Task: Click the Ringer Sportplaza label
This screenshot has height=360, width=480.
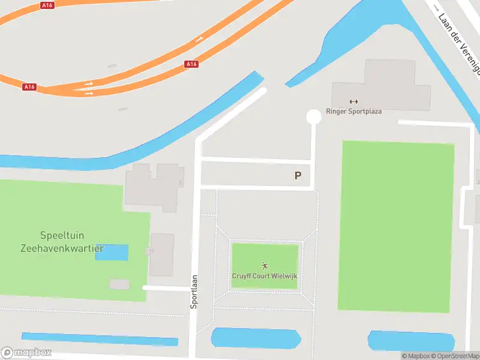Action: point(353,111)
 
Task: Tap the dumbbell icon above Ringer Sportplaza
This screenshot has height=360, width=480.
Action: point(353,101)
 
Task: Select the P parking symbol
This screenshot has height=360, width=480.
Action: point(298,176)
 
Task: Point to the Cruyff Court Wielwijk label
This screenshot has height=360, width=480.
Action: point(265,276)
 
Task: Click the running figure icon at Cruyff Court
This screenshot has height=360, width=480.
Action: point(265,266)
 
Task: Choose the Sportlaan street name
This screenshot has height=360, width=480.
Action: point(194,292)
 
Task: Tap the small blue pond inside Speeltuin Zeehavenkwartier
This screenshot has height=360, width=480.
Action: point(112,252)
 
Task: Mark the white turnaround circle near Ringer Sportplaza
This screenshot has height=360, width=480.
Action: point(313,117)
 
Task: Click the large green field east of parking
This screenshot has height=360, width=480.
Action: point(397,227)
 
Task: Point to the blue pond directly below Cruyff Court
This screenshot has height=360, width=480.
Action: point(256,338)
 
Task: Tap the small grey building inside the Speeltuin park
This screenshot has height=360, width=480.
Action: point(119,284)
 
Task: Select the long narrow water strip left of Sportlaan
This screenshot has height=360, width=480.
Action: point(100,339)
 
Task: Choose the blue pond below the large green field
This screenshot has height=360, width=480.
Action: point(411,340)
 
